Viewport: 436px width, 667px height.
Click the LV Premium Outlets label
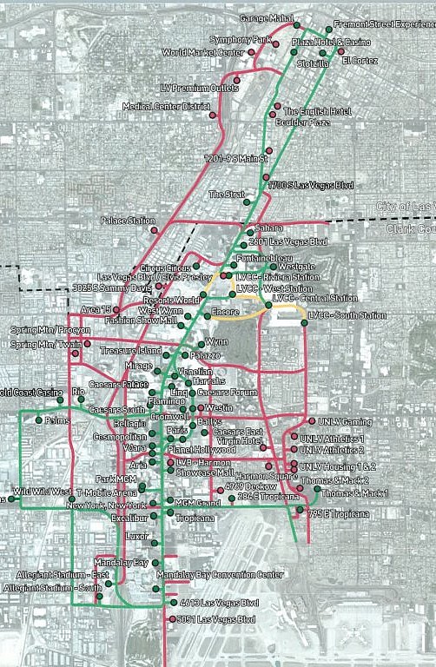pos(200,88)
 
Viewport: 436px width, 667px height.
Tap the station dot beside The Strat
pos(254,195)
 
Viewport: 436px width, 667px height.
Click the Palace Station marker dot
pos(154,231)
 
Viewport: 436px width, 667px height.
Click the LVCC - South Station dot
pos(305,323)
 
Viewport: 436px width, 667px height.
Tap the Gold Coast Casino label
pos(31,393)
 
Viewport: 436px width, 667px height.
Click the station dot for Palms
pos(39,420)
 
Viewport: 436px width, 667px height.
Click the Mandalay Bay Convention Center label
pos(220,575)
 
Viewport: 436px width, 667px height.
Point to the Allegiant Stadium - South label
pos(53,588)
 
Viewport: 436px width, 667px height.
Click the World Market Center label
pos(203,52)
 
